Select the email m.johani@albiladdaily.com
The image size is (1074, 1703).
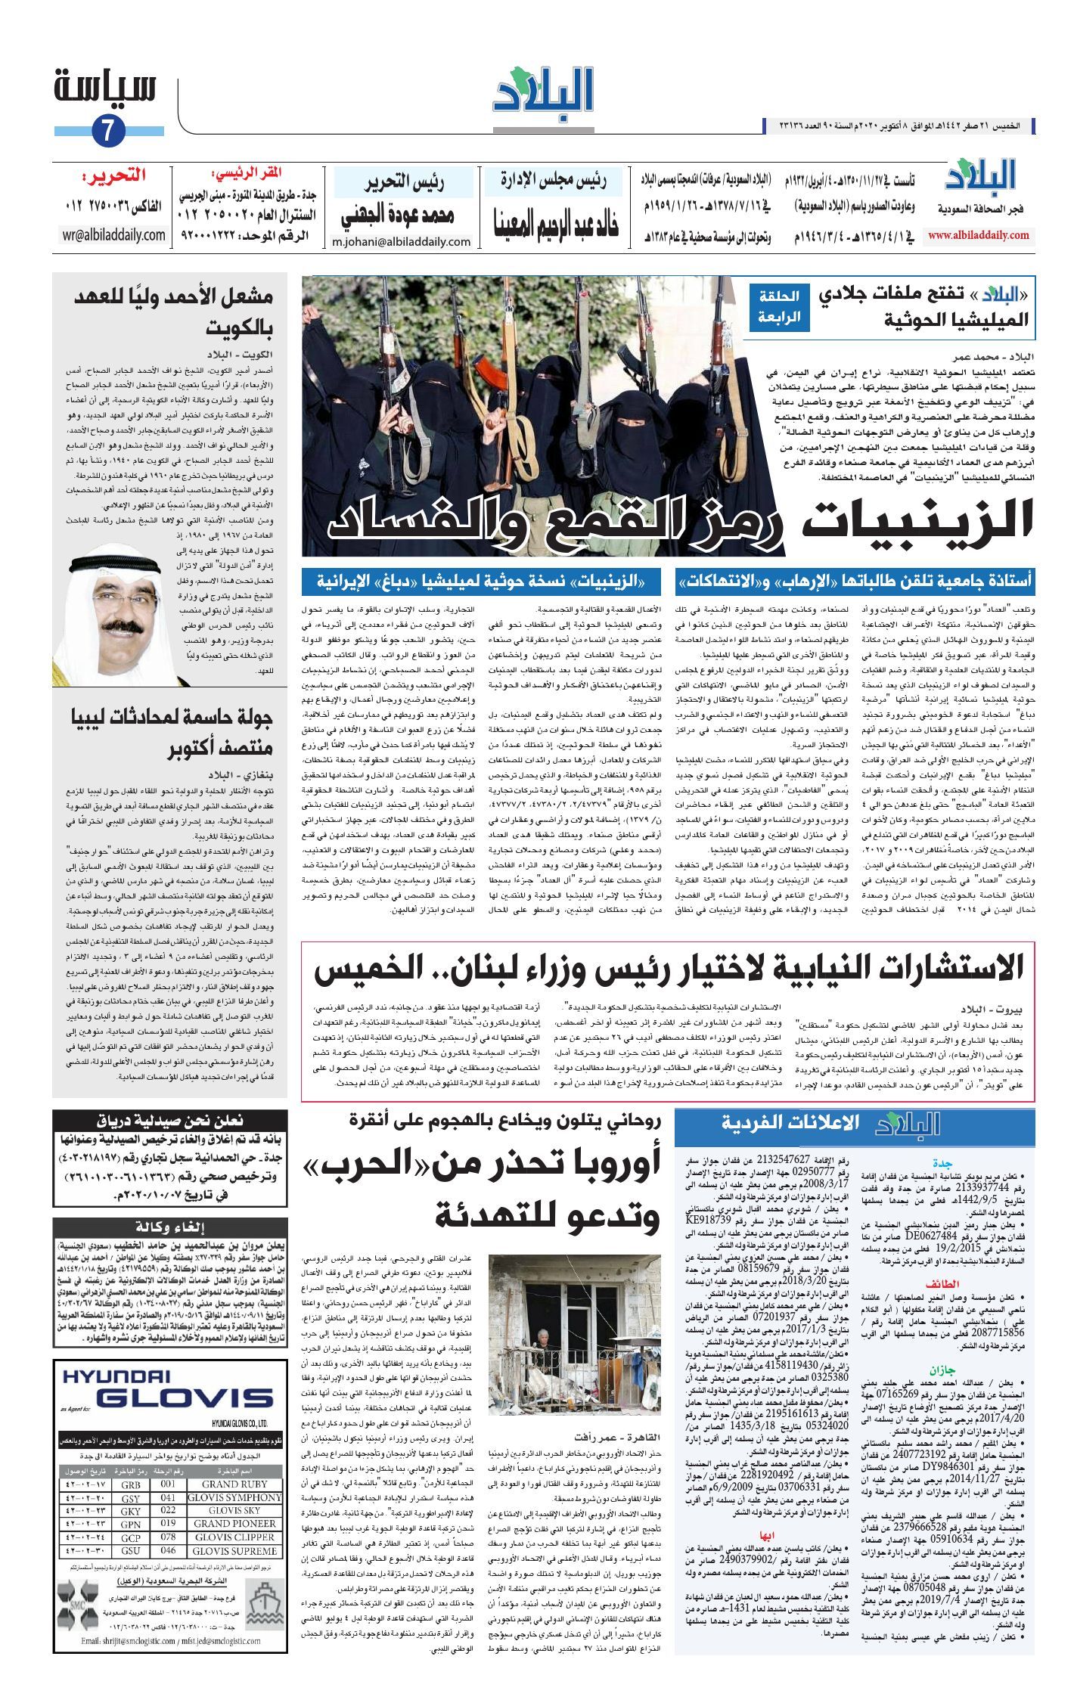(x=402, y=242)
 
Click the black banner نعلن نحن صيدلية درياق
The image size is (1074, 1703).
(x=170, y=1121)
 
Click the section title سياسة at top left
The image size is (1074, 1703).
(x=105, y=87)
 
